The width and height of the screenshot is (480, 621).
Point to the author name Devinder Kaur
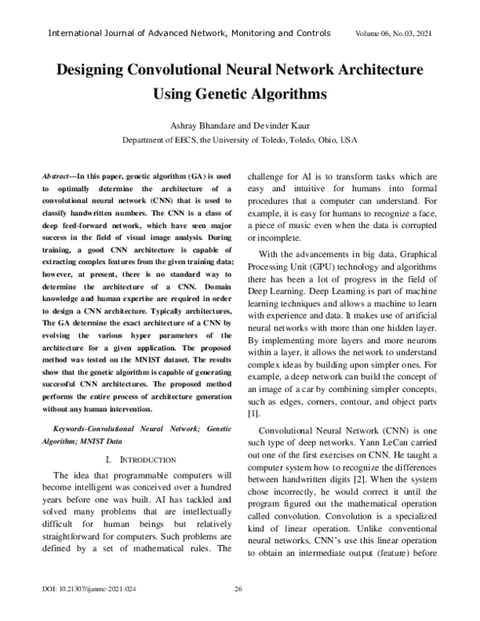pyautogui.click(x=277, y=126)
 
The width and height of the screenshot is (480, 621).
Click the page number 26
pyautogui.click(x=238, y=611)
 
